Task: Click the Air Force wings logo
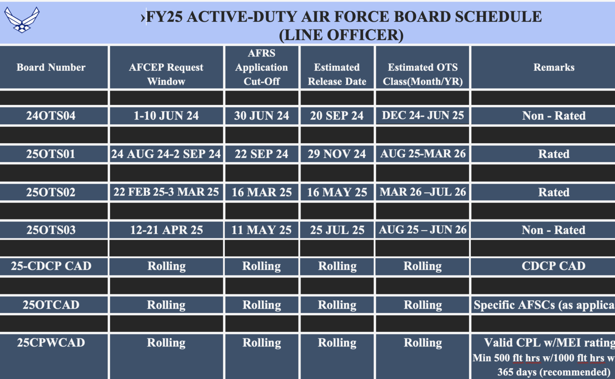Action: [x=22, y=19]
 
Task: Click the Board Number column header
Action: [x=51, y=67]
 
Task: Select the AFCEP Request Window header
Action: [x=166, y=74]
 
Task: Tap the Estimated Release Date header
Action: [x=337, y=74]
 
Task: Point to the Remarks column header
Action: [x=554, y=67]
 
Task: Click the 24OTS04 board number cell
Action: [x=51, y=116]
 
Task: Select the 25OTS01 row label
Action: [x=51, y=154]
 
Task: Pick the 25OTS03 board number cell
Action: [x=51, y=230]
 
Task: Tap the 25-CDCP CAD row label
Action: [x=51, y=266]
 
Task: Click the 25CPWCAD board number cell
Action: [x=51, y=343]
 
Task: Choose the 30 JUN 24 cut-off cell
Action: [x=261, y=116]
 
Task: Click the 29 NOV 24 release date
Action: [x=337, y=154]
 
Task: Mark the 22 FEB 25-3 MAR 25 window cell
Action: [x=166, y=192]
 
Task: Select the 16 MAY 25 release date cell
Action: [x=337, y=192]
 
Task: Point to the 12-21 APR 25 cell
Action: [x=166, y=230]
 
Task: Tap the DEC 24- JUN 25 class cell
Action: [x=423, y=116]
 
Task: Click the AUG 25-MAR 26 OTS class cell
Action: [x=423, y=154]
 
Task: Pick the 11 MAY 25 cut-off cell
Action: [x=261, y=230]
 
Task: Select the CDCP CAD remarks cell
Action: [x=553, y=266]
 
